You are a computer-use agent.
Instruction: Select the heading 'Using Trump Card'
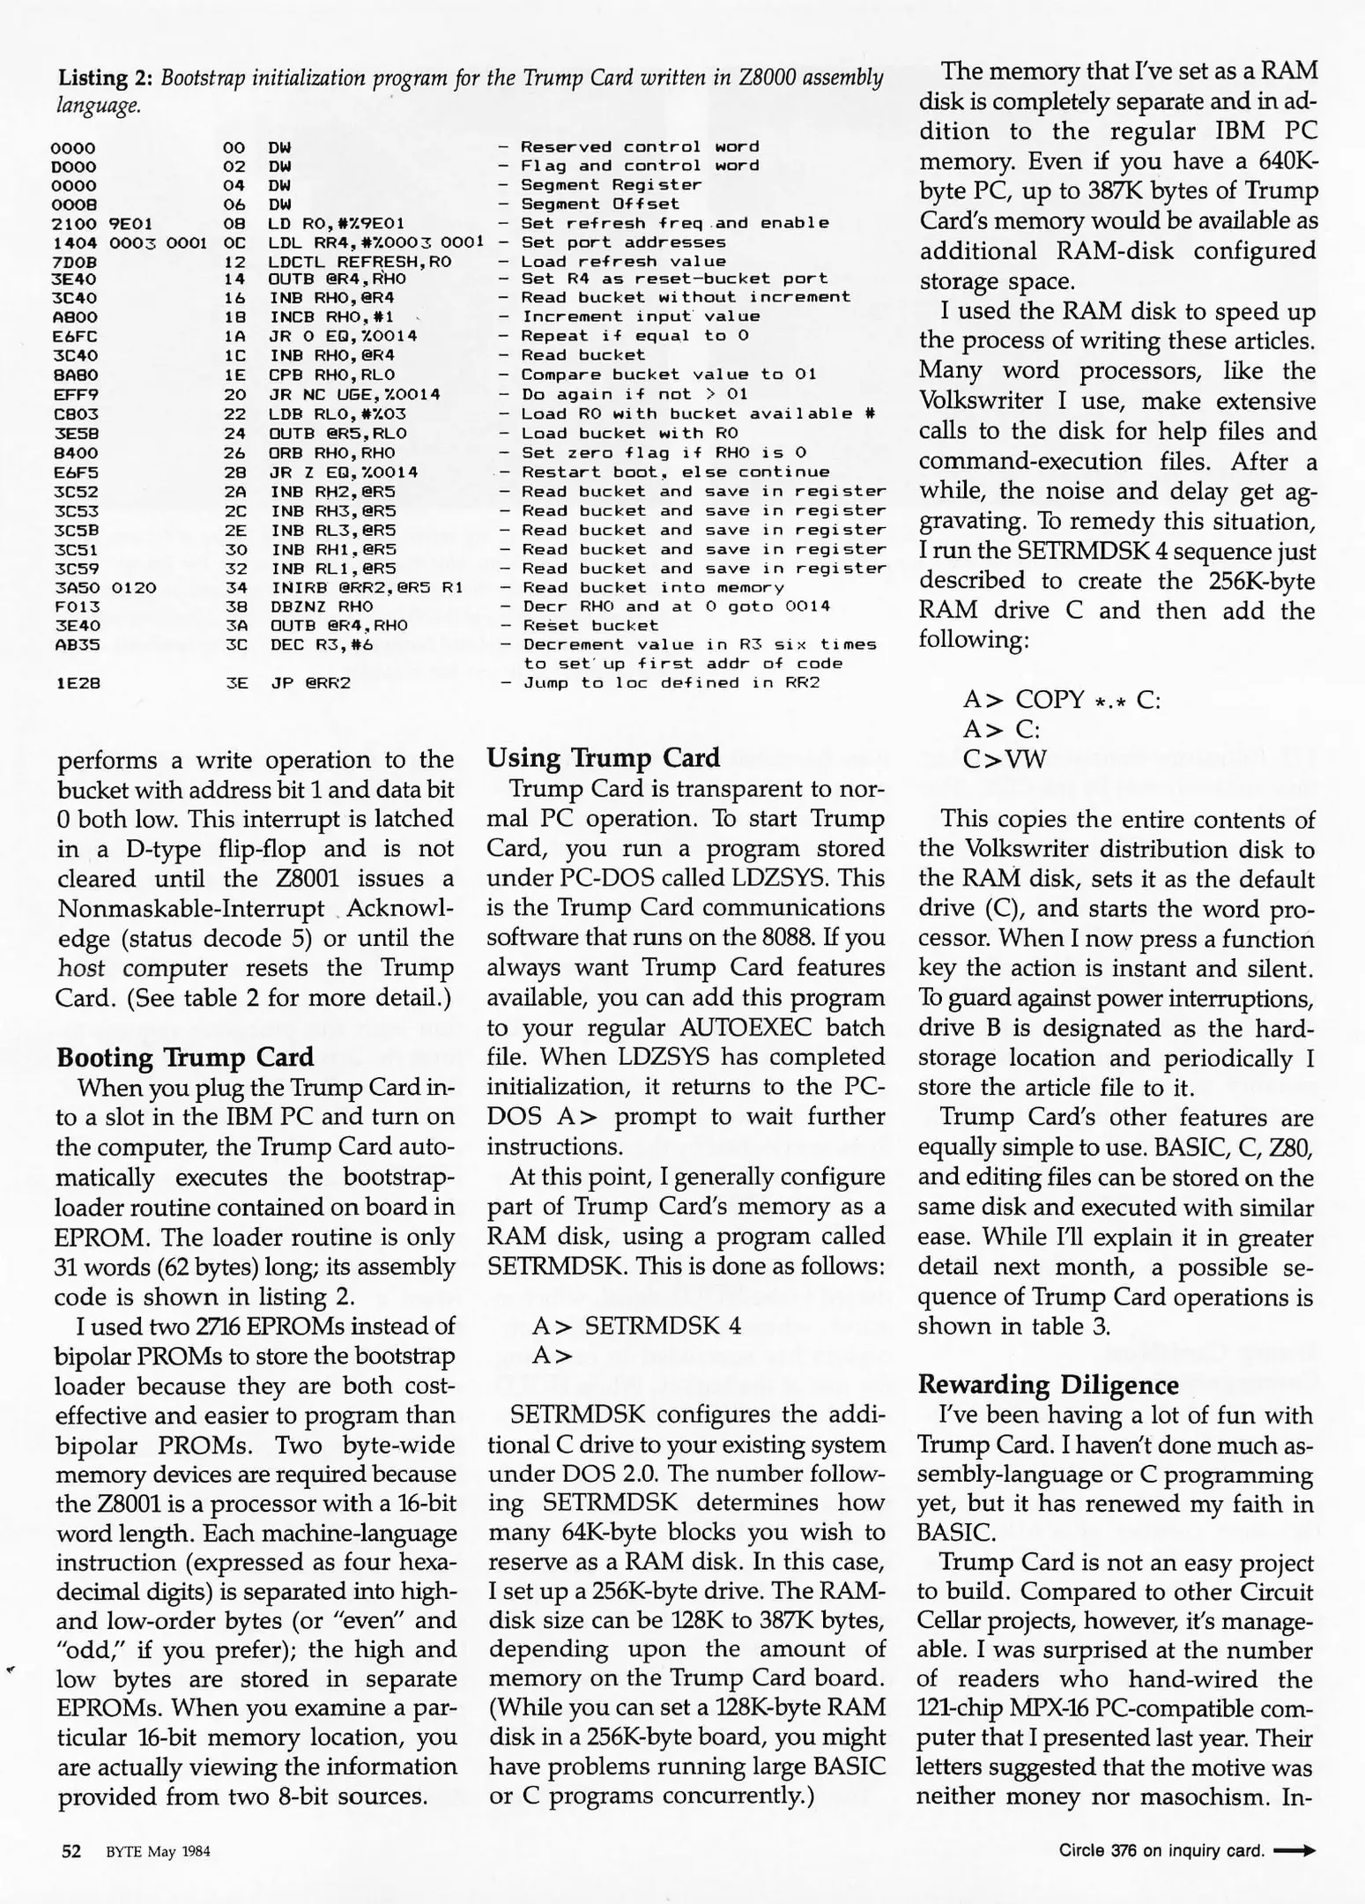603,758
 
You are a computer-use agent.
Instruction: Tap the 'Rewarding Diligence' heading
1048,1384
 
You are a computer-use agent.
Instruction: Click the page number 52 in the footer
71,1851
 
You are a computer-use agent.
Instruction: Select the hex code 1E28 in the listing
74,683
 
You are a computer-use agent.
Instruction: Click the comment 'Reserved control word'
640,146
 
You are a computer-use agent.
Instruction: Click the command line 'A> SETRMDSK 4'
636,1326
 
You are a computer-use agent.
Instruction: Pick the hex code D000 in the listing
74,166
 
